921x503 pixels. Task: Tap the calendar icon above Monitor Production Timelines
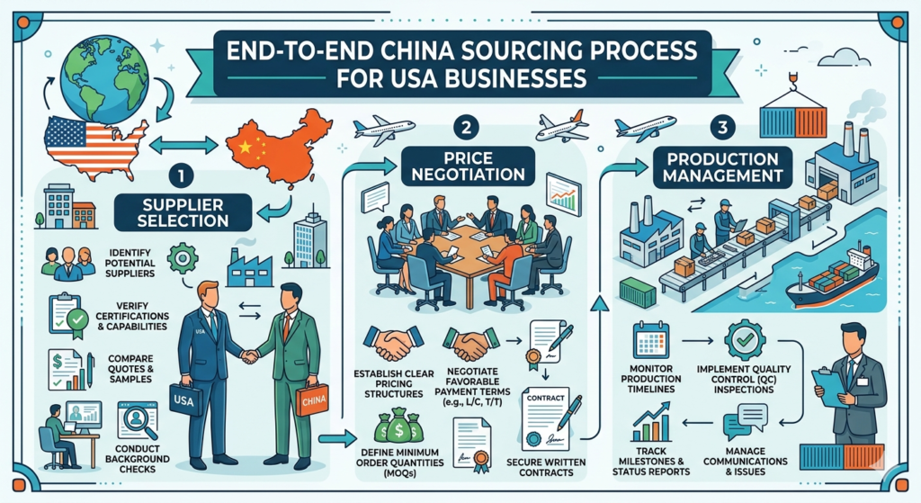tap(650, 340)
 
